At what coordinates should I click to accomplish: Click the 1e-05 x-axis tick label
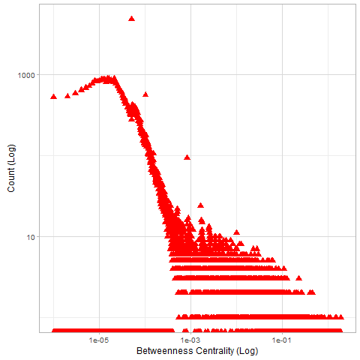tap(99, 340)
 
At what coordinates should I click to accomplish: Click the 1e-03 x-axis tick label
tap(190, 340)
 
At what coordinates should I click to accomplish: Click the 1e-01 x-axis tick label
tap(282, 340)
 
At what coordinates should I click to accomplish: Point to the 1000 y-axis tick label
tap(26, 75)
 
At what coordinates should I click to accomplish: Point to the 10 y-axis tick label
tap(31, 237)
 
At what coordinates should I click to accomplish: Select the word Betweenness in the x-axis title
tap(165, 351)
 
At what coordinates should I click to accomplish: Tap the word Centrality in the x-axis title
tap(214, 351)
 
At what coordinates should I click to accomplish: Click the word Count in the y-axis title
tap(11, 180)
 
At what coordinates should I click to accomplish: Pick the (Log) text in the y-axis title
tap(11, 154)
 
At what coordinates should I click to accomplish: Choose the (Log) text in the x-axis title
tap(247, 351)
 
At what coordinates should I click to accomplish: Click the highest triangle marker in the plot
tap(131, 19)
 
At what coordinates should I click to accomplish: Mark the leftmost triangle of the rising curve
tap(53, 97)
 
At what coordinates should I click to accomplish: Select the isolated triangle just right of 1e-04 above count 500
tap(145, 94)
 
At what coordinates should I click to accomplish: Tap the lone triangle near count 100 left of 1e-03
tap(187, 157)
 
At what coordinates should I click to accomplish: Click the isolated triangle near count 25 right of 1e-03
tap(200, 205)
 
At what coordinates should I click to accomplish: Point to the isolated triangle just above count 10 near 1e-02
tap(236, 232)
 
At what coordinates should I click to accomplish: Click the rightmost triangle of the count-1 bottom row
tap(340, 331)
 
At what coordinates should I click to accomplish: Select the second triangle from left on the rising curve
tap(67, 96)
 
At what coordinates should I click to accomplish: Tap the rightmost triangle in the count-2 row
tap(340, 316)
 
